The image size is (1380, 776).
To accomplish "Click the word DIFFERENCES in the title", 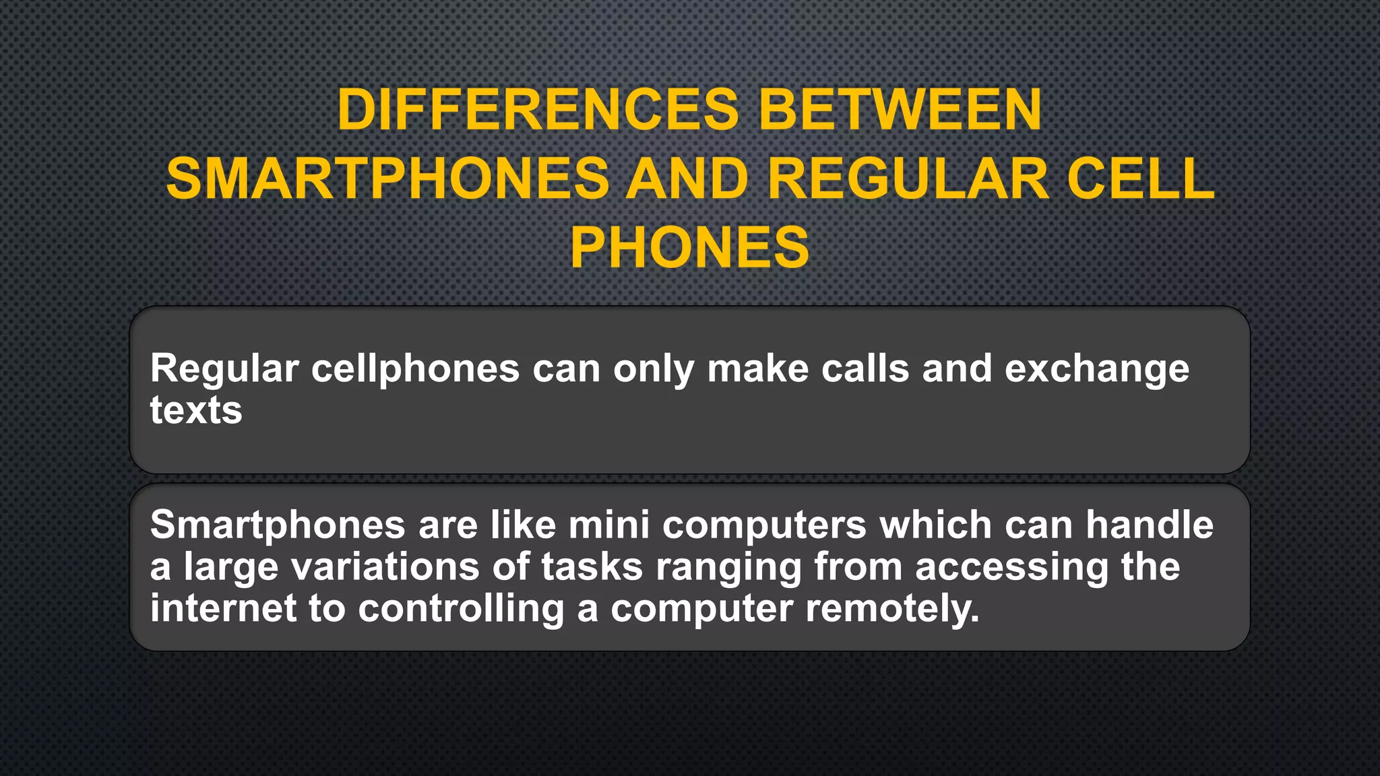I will [538, 110].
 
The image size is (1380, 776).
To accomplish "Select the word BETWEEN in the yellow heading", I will [900, 110].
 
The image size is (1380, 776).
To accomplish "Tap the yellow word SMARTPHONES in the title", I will [387, 179].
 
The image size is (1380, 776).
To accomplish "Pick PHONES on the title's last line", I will [689, 248].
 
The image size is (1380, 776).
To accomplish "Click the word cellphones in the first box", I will [415, 369].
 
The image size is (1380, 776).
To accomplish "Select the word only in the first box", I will [653, 369].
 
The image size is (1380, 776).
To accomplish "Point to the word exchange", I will [1096, 369].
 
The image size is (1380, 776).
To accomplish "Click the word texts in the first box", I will [195, 410].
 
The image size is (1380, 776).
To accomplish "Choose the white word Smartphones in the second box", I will [277, 525].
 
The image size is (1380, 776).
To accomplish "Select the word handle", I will [1149, 525].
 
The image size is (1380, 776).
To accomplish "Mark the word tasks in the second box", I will [592, 567].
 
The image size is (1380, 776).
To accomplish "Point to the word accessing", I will [1011, 567].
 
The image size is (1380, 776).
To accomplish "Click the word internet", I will [223, 609].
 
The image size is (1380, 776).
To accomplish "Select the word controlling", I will [461, 609].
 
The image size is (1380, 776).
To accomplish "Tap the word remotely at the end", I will [891, 609].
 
